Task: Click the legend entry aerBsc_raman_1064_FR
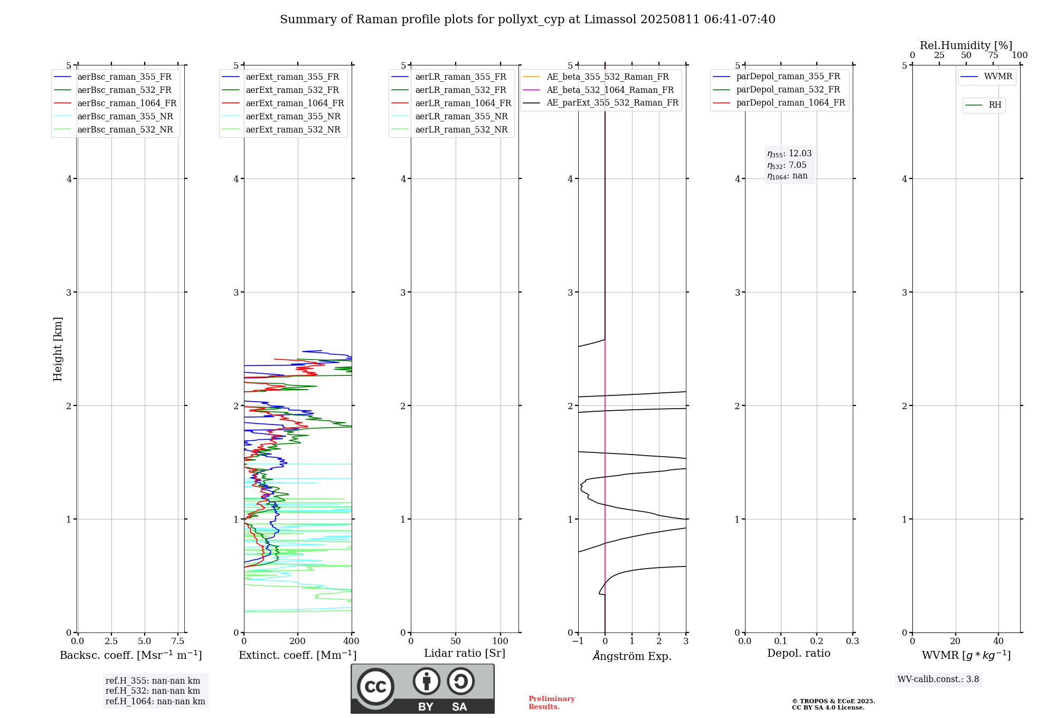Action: point(127,103)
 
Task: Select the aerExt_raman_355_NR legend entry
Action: point(293,117)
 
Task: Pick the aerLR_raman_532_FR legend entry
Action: point(460,90)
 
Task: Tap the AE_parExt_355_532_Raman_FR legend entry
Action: point(612,103)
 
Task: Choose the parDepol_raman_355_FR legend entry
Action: point(788,77)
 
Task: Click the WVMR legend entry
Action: point(998,77)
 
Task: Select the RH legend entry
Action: point(995,105)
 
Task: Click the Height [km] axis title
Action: point(58,349)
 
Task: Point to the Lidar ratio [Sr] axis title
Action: point(464,653)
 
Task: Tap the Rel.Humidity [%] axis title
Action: point(966,45)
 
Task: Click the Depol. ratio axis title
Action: point(798,653)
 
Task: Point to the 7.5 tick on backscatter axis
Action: point(178,641)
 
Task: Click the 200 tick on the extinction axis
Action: point(298,641)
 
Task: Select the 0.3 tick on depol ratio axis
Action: point(852,641)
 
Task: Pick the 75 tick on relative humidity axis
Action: point(993,55)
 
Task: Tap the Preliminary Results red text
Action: point(551,703)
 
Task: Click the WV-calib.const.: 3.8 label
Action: point(938,679)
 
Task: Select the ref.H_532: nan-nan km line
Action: point(153,691)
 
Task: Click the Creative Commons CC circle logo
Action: point(375,686)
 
